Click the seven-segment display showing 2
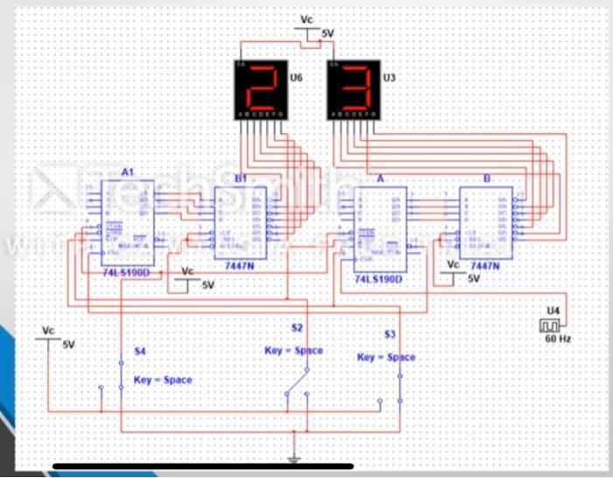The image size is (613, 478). (260, 89)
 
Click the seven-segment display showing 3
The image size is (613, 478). (354, 89)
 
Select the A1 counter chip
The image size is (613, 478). (127, 223)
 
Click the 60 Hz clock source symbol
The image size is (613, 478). (552, 327)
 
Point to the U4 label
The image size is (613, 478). (552, 310)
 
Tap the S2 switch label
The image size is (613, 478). (297, 328)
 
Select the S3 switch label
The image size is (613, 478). (390, 335)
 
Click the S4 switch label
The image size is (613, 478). (139, 350)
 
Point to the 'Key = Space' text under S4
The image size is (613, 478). (163, 380)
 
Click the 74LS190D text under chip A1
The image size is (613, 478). (125, 273)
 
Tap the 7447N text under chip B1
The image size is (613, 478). (239, 264)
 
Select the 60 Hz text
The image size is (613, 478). (557, 339)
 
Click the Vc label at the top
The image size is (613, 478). (306, 19)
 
